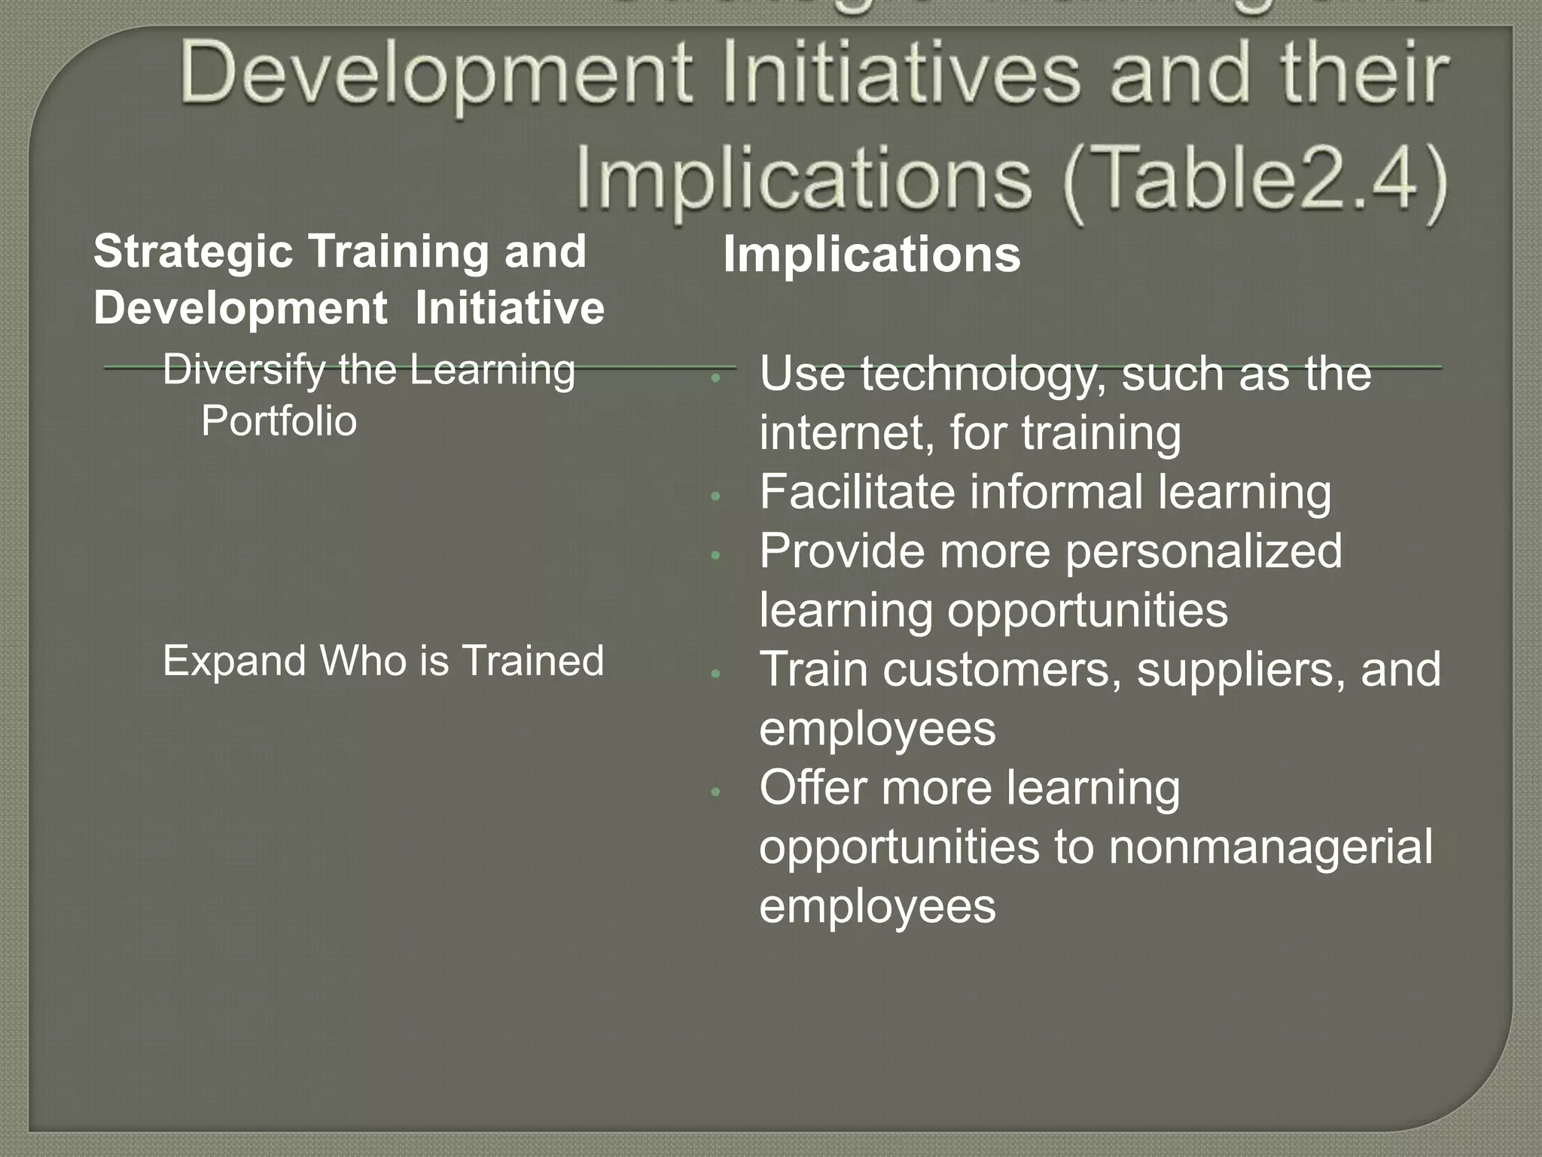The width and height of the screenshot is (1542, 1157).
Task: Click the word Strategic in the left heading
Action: (x=193, y=251)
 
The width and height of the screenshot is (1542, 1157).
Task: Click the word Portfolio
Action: (x=279, y=420)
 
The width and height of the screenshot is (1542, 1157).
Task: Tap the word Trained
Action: (x=532, y=661)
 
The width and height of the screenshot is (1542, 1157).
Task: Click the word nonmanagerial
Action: (x=1271, y=847)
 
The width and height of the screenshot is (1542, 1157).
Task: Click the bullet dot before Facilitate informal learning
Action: (x=716, y=496)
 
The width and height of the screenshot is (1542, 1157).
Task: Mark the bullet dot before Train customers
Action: (x=716, y=673)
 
